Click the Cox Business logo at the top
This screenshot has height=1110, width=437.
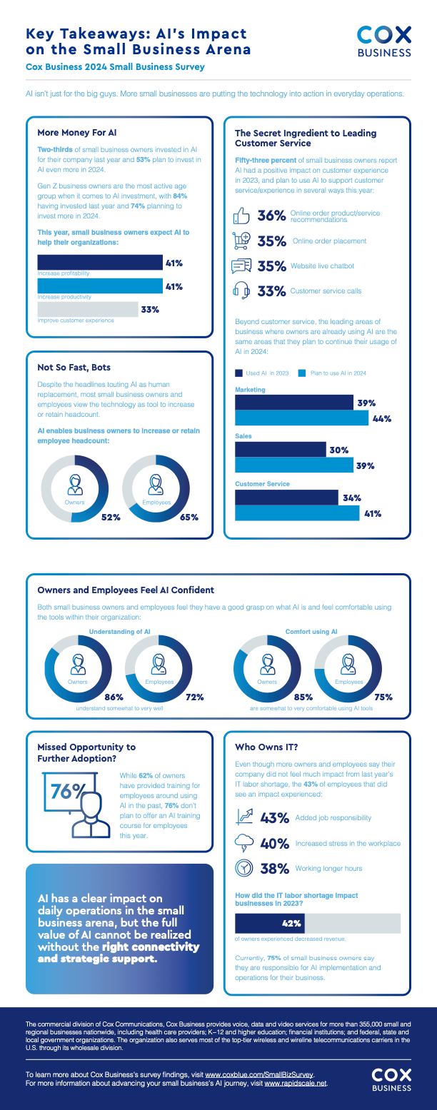click(x=384, y=41)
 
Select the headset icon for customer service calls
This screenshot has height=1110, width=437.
click(x=241, y=291)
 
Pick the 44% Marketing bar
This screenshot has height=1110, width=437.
click(x=303, y=419)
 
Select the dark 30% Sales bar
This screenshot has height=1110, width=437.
click(x=281, y=450)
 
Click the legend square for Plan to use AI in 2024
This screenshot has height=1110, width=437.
click(x=301, y=373)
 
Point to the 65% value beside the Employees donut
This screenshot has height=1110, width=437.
click(x=189, y=517)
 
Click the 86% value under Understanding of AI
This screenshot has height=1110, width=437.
click(x=114, y=697)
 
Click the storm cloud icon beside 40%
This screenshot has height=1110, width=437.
click(x=243, y=842)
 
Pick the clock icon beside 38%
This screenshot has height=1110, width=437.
click(x=243, y=868)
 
